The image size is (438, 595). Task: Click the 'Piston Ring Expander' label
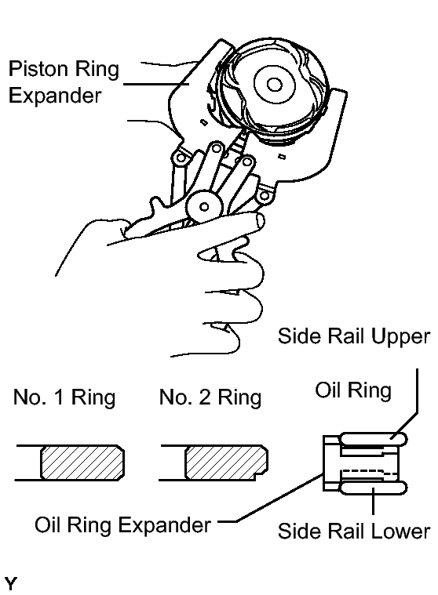coord(64,82)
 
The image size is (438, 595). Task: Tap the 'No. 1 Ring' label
coord(64,397)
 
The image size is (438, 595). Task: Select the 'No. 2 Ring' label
coord(210,397)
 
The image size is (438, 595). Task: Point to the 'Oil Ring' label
coord(353,390)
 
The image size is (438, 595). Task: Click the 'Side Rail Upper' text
coord(354,336)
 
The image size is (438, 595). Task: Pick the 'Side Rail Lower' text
coord(354,531)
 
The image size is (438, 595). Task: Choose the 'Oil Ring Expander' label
coord(122,525)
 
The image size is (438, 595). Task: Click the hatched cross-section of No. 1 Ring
coord(82,463)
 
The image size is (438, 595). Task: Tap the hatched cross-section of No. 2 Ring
coord(226,463)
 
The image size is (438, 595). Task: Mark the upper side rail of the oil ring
coord(373,440)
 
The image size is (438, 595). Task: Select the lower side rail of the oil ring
coord(373,488)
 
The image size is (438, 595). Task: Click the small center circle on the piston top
coord(274,84)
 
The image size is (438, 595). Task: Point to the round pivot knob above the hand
coord(204,206)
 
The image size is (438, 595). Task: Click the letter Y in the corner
coord(10,583)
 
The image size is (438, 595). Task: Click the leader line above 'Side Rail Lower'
coord(374,501)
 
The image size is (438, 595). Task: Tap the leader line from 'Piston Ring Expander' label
coord(156,84)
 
